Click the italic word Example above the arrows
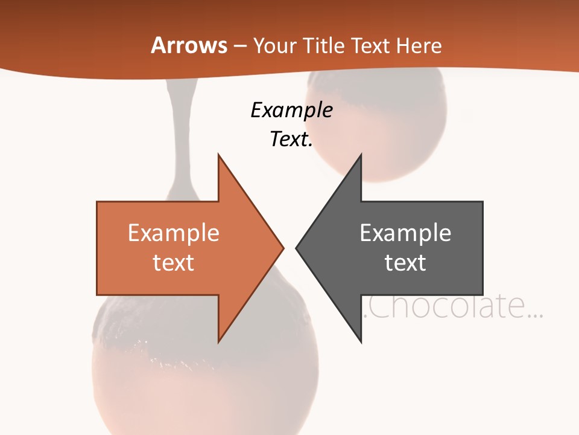[292, 110]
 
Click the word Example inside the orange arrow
[174, 233]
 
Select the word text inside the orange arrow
[174, 262]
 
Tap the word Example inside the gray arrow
[405, 233]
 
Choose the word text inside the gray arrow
[405, 262]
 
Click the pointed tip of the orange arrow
[283, 248]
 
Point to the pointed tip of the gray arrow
[297, 248]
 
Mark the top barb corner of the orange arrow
[218, 155]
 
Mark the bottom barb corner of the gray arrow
[361, 342]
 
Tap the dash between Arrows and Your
[239, 46]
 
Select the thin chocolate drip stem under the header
[179, 133]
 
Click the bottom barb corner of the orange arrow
[218, 342]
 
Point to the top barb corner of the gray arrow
[361, 155]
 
